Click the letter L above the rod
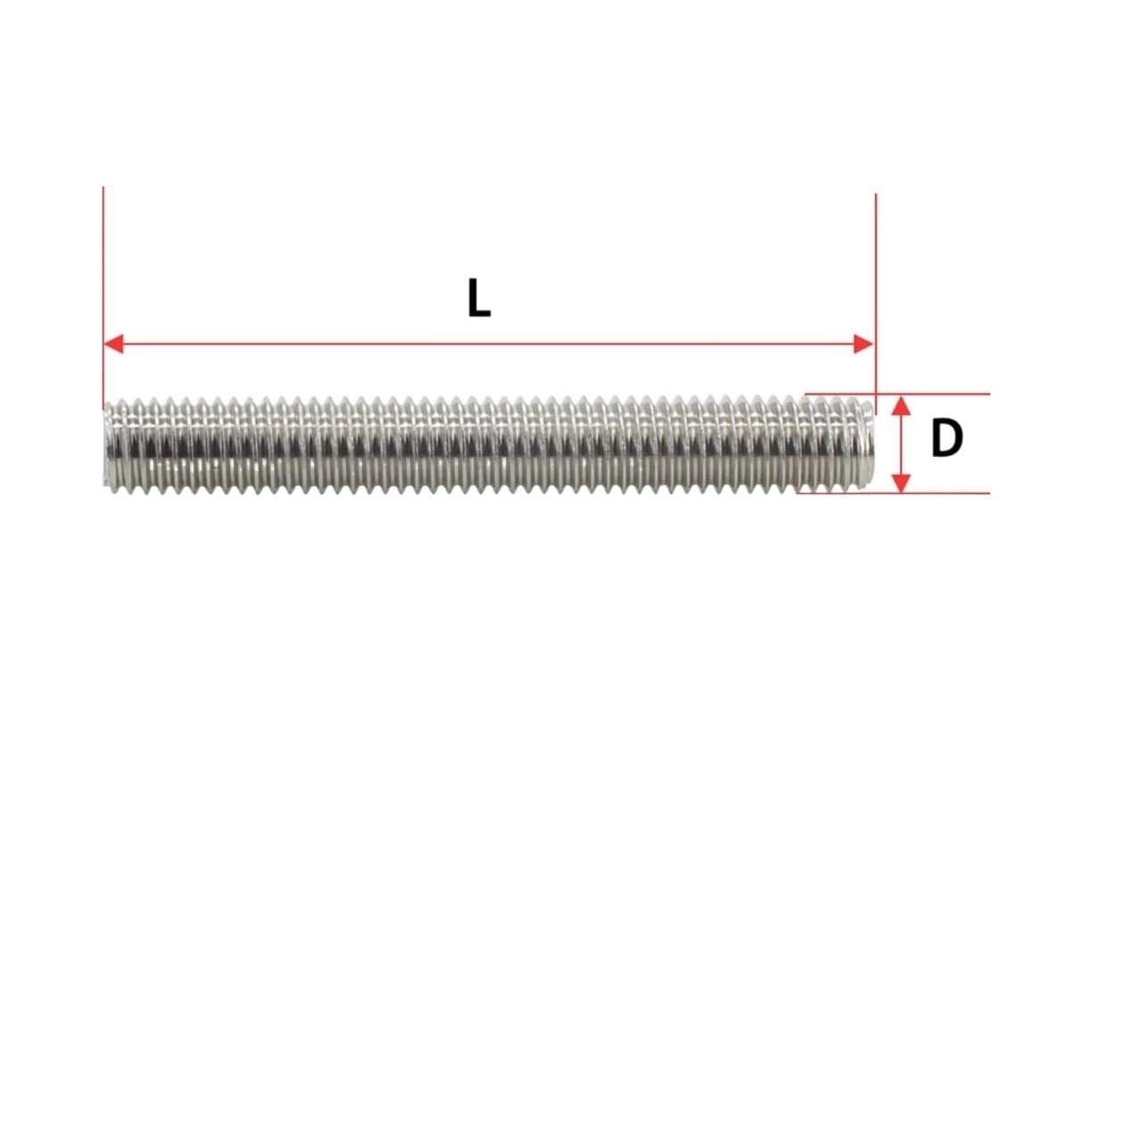click(478, 298)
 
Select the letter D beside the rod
click(946, 439)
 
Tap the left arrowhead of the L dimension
click(113, 343)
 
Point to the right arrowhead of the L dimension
click(864, 343)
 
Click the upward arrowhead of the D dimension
click(902, 408)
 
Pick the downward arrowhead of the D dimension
click(902, 482)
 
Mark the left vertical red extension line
click(103, 268)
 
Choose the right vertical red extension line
click(876, 268)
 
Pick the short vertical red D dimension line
click(902, 443)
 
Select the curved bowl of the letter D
click(956, 439)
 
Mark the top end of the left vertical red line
click(103, 189)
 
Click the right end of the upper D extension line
click(988, 393)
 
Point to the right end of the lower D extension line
click(988, 492)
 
